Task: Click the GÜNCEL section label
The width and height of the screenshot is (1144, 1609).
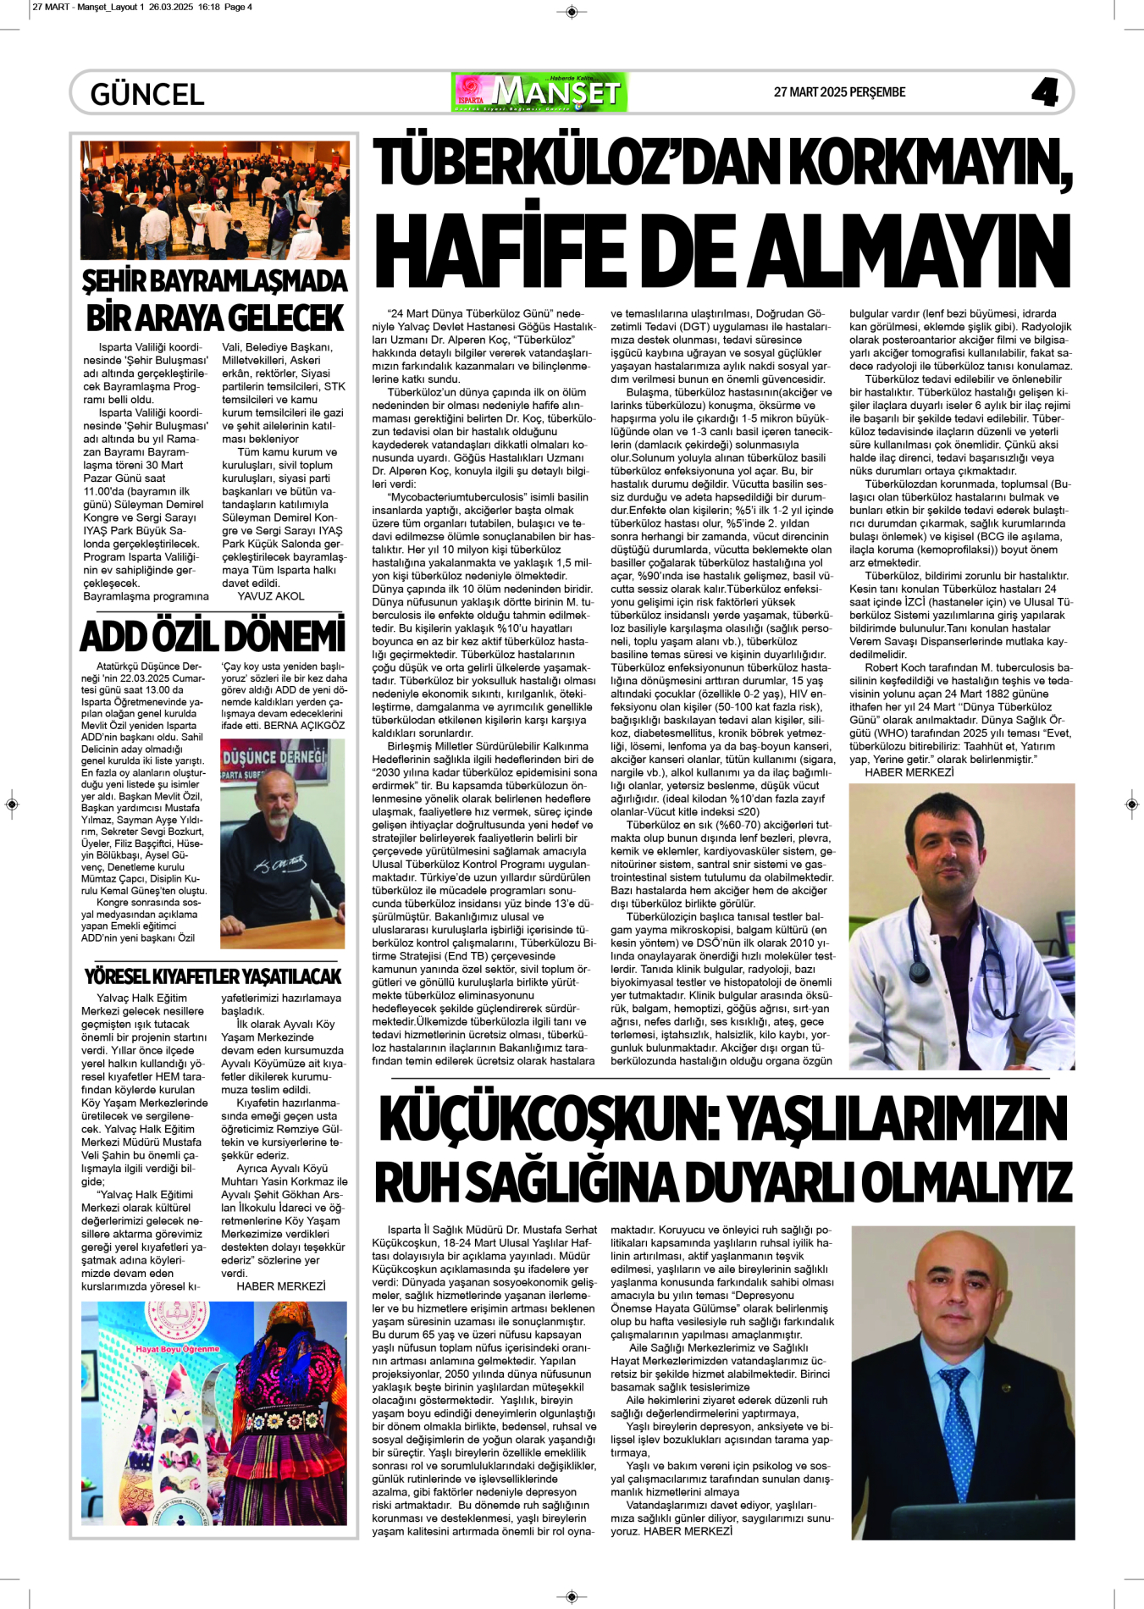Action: pyautogui.click(x=147, y=94)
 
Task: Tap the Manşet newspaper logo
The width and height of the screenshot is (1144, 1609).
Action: pyautogui.click(x=539, y=92)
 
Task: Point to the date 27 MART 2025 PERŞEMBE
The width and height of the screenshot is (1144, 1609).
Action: pyautogui.click(x=839, y=92)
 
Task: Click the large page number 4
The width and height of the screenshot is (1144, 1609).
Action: pyautogui.click(x=1045, y=92)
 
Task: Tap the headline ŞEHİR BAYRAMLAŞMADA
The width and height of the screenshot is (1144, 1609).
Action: pyautogui.click(x=214, y=281)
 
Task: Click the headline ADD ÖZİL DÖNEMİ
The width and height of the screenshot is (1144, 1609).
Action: pyautogui.click(x=213, y=637)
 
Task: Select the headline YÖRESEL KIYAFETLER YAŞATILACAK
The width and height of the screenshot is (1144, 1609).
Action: pyautogui.click(x=213, y=976)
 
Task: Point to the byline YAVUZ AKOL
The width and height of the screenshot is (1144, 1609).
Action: pyautogui.click(x=271, y=596)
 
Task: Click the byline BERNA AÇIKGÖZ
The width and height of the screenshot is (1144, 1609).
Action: pyautogui.click(x=304, y=726)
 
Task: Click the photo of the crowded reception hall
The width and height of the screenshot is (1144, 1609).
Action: pyautogui.click(x=214, y=200)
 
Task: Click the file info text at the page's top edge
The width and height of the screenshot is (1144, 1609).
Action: pyautogui.click(x=142, y=7)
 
